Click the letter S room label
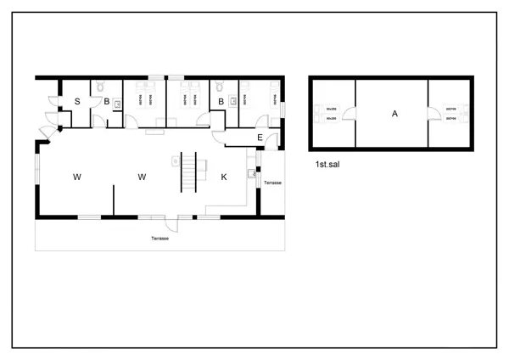click(77, 102)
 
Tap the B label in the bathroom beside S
click(107, 102)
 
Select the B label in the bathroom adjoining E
click(221, 102)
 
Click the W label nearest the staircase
click(143, 177)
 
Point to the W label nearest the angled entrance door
click(76, 177)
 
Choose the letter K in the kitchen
click(224, 177)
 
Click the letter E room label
click(260, 138)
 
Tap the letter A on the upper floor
click(394, 115)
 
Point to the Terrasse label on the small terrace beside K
click(272, 183)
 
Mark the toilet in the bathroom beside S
click(100, 86)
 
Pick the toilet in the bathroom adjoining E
click(220, 86)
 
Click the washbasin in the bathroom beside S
click(118, 103)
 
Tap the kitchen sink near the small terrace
click(252, 174)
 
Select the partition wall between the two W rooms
click(114, 199)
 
